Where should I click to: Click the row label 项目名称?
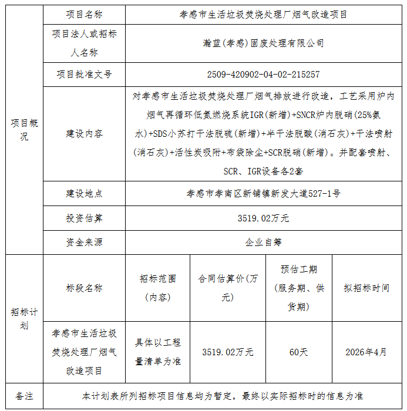(x=84, y=14)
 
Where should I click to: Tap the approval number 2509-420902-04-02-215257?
(x=263, y=75)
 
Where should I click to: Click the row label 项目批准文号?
(x=84, y=75)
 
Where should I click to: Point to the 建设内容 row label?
(x=84, y=134)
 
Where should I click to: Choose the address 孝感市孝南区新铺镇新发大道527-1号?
(x=263, y=193)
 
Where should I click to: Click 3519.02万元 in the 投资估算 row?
(x=263, y=218)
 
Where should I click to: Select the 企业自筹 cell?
(x=263, y=242)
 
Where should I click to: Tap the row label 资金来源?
(x=84, y=242)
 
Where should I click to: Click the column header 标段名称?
(x=84, y=288)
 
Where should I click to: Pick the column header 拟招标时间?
(x=366, y=288)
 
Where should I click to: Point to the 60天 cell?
(x=298, y=352)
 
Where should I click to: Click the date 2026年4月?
(x=366, y=352)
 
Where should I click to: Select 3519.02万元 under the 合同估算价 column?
(x=228, y=352)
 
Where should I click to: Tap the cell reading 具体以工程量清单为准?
(x=158, y=352)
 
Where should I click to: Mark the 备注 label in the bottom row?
(x=24, y=396)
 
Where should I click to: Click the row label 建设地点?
(x=84, y=193)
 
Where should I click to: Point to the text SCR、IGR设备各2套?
(x=263, y=171)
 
